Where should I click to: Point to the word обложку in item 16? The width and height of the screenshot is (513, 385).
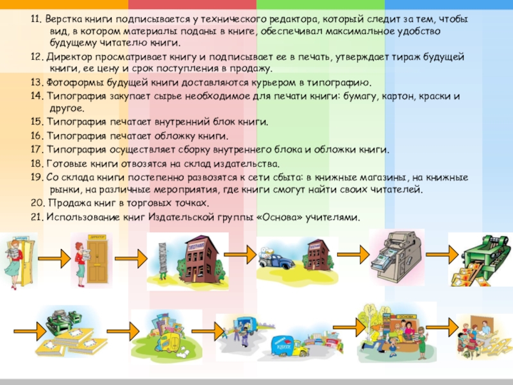tap(183, 135)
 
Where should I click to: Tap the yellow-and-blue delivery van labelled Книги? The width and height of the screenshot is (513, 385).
tap(285, 346)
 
